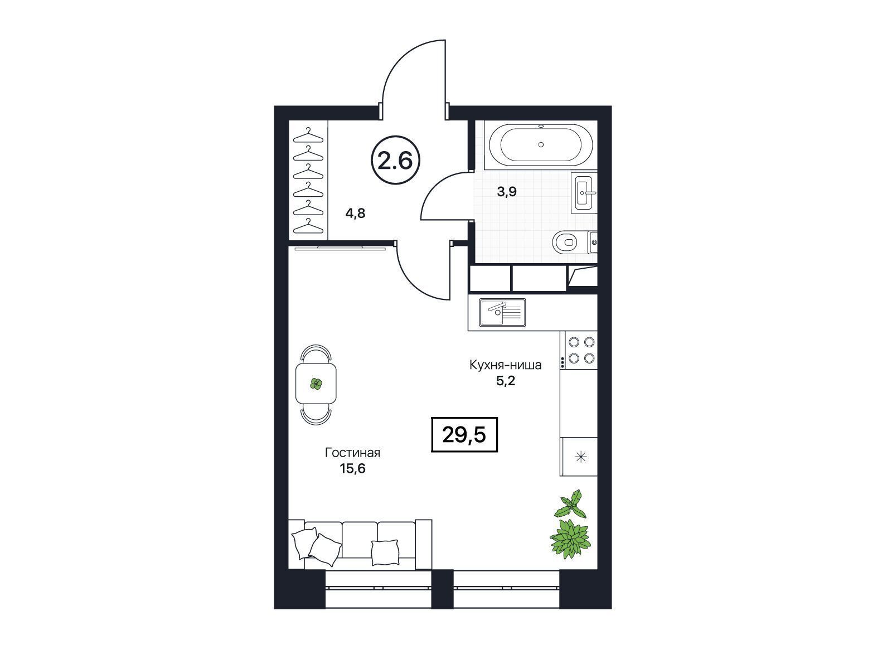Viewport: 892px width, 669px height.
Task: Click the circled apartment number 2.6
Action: [395, 160]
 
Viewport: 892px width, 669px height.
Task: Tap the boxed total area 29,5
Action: [464, 435]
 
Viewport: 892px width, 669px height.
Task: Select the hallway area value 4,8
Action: [355, 213]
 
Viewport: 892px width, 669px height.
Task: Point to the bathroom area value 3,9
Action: [507, 191]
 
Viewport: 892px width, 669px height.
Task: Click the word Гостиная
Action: [352, 453]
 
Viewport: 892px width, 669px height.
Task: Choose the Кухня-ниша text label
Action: [506, 365]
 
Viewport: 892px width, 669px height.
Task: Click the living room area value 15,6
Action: [353, 469]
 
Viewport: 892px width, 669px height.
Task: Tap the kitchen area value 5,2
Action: [506, 381]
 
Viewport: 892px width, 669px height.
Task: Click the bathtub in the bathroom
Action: [540, 144]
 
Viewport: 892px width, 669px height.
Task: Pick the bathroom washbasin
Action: [584, 193]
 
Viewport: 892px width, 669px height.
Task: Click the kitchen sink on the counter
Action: [502, 312]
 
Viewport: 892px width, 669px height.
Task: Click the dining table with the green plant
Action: [316, 384]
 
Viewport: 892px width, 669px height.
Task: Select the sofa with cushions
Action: [360, 544]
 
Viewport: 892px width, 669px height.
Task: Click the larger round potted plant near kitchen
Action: [570, 539]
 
